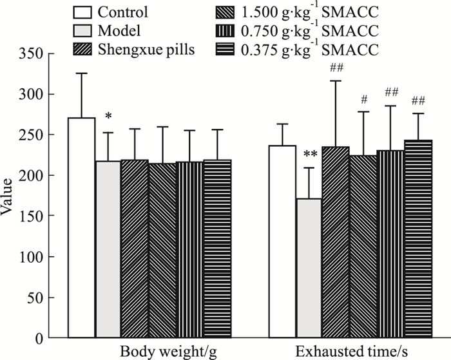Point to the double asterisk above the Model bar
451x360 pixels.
coord(311,155)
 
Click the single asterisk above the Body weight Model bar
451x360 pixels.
coord(108,117)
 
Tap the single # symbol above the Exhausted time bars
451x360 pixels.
coord(364,100)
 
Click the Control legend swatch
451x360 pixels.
coord(82,12)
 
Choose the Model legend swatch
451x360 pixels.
coord(82,28)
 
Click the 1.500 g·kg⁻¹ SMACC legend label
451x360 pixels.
coord(296,12)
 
